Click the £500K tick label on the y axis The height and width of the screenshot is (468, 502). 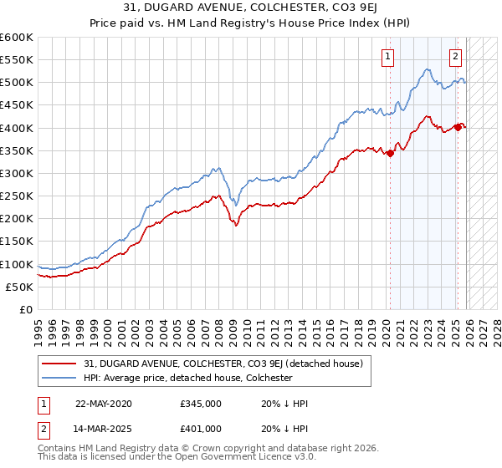17,83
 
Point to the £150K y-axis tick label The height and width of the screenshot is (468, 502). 17,242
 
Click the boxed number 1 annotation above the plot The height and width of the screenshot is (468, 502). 389,57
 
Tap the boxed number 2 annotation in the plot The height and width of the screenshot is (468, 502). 456,57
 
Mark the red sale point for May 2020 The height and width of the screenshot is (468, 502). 391,153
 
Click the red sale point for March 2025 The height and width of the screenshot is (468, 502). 458,127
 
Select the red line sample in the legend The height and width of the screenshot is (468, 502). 59,364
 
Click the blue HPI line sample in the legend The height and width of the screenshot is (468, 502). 59,378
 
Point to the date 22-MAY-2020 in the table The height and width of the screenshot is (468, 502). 104,404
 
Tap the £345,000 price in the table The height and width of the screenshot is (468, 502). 200,404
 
